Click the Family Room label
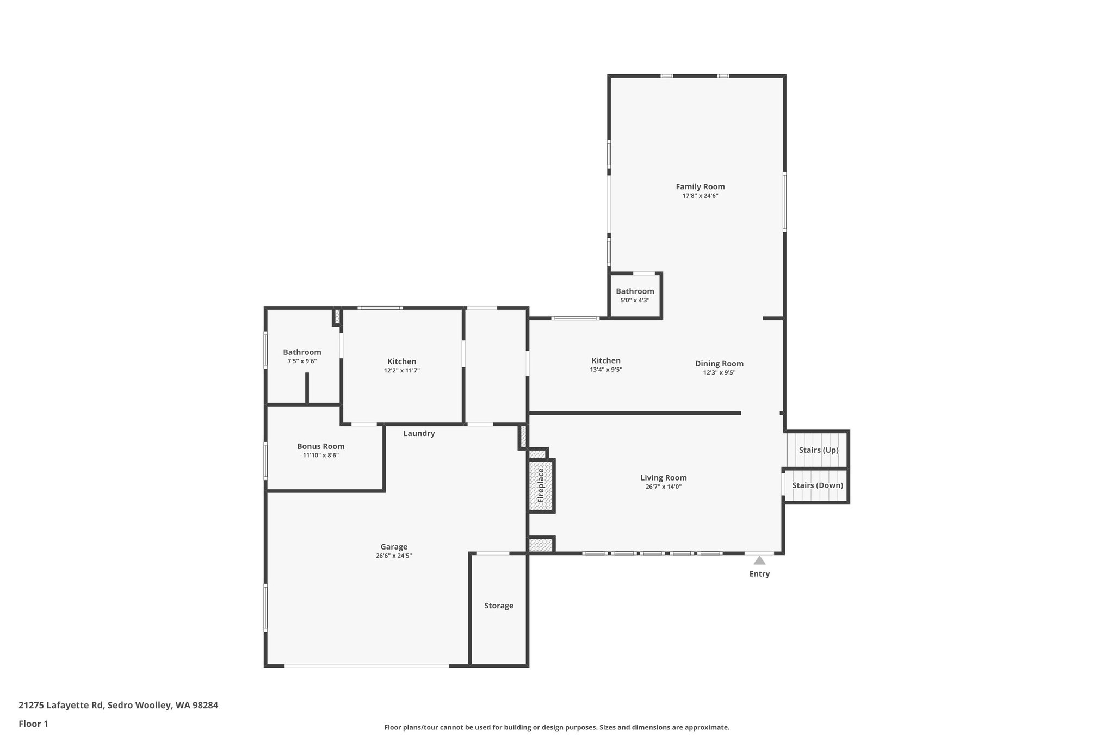tap(700, 186)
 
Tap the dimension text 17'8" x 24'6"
tap(700, 196)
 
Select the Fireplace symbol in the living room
tap(541, 485)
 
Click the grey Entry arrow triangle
tap(759, 560)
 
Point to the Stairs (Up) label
tap(818, 450)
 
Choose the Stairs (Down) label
tap(818, 485)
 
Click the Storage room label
tap(499, 606)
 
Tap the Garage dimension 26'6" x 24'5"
tap(394, 556)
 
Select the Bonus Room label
tap(320, 446)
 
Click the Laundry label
tap(419, 433)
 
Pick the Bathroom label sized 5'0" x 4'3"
tap(635, 291)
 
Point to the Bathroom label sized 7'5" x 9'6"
tap(302, 352)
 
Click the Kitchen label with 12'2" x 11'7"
tap(401, 361)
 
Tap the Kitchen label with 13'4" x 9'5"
tap(606, 360)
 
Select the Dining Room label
tap(719, 364)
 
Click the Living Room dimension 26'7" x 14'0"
tap(663, 487)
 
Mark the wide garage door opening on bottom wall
tap(367, 666)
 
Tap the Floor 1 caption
tap(33, 724)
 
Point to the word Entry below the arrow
tap(759, 574)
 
